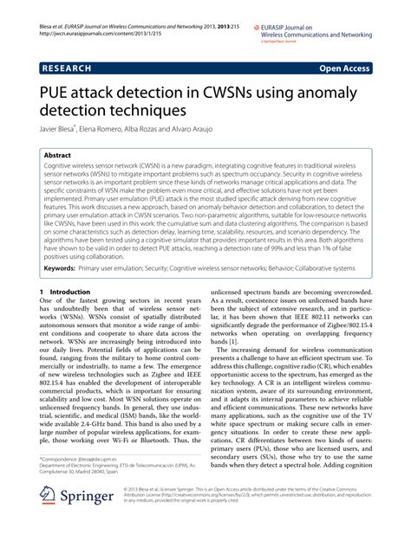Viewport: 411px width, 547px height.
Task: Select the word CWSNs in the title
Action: (251, 93)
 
